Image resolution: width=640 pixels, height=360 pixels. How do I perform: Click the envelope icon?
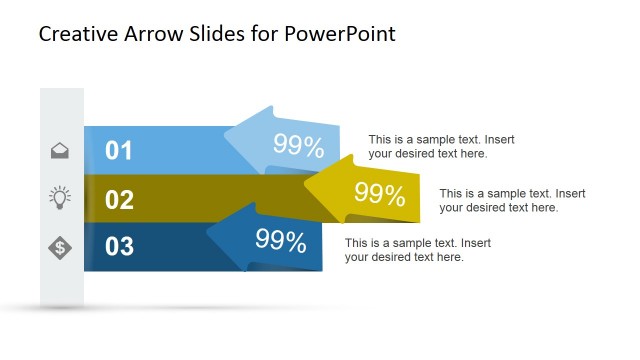tap(60, 151)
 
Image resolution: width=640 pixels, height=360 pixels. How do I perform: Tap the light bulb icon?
tap(60, 197)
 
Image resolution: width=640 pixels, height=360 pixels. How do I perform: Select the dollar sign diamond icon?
tap(60, 245)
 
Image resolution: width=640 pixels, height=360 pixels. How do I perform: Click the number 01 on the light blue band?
tap(119, 151)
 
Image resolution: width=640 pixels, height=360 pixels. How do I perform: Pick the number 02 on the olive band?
tap(119, 199)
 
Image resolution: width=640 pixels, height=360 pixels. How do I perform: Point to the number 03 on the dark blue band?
tap(119, 246)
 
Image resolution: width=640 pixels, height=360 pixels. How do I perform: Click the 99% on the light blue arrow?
tap(298, 147)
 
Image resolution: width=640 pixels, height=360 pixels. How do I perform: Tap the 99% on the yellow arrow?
tap(379, 194)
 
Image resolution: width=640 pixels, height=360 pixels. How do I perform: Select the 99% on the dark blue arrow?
tap(280, 241)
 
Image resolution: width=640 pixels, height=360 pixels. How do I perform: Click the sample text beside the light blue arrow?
tap(441, 147)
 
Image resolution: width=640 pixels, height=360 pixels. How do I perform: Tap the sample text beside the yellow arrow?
tap(512, 200)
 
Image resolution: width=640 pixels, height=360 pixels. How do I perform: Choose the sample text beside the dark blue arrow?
tap(418, 250)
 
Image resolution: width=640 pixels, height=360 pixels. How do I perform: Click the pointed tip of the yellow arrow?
tap(305, 184)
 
